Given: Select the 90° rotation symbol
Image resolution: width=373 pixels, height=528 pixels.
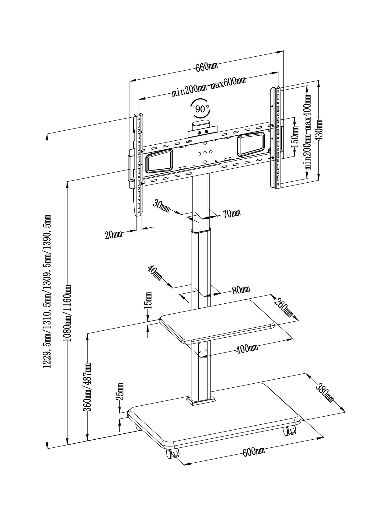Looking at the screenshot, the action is pos(200,108).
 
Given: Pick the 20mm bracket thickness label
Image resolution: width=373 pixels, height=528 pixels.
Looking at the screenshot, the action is pos(113,235).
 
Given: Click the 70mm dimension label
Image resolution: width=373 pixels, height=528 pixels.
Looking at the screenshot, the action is pos(232,213).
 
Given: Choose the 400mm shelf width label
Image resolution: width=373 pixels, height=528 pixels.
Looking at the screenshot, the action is pos(247,348).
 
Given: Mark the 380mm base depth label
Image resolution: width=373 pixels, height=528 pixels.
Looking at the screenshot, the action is pos(325,393).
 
